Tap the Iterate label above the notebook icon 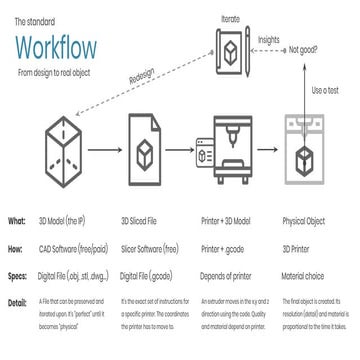(231, 17)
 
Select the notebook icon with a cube (231, 49)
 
